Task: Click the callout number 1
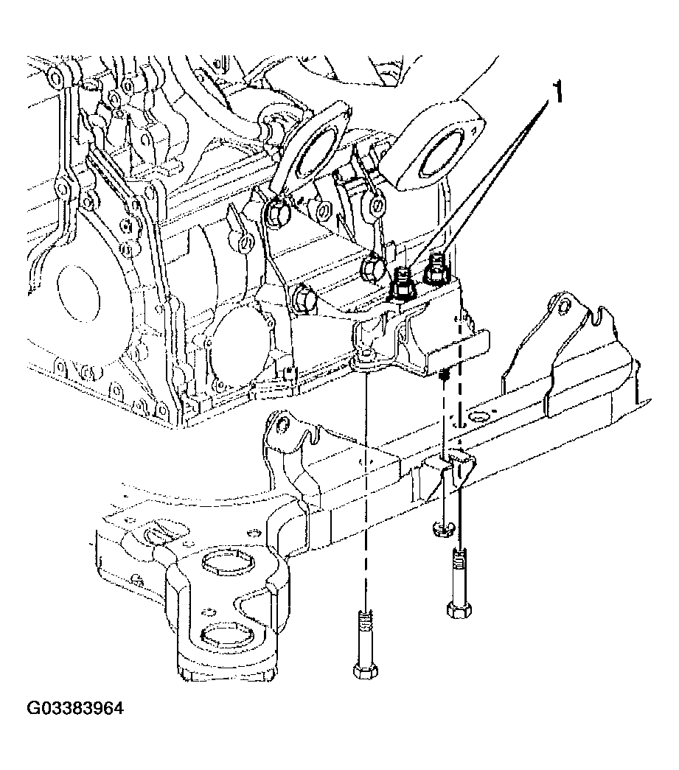pyautogui.click(x=557, y=92)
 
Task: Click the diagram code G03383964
pyautogui.click(x=74, y=709)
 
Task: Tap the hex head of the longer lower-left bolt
pyautogui.click(x=365, y=671)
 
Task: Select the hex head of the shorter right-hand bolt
pyautogui.click(x=460, y=609)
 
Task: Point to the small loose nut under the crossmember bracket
pyautogui.click(x=444, y=528)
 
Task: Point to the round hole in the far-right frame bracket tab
pyautogui.click(x=566, y=306)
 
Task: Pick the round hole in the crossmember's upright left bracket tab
pyautogui.click(x=282, y=423)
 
